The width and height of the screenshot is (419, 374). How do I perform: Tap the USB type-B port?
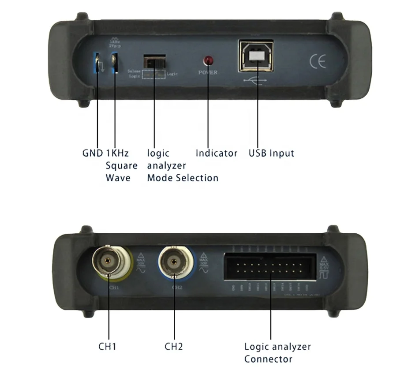coord(256,56)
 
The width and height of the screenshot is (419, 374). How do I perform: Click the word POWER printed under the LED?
coord(208,72)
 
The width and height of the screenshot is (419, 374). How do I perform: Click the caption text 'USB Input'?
coord(271,153)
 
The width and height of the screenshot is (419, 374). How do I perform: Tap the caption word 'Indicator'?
coord(216,153)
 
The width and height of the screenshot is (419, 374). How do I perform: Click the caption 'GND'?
coord(92,153)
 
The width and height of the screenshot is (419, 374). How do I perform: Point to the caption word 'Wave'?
coord(118,178)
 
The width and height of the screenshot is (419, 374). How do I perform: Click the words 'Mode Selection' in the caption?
coord(183,178)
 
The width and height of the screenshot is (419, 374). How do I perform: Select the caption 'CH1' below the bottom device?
coord(107,346)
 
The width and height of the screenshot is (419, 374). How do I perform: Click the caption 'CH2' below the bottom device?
coord(174,346)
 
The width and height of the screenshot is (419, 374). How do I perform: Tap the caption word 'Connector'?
coord(268,359)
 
